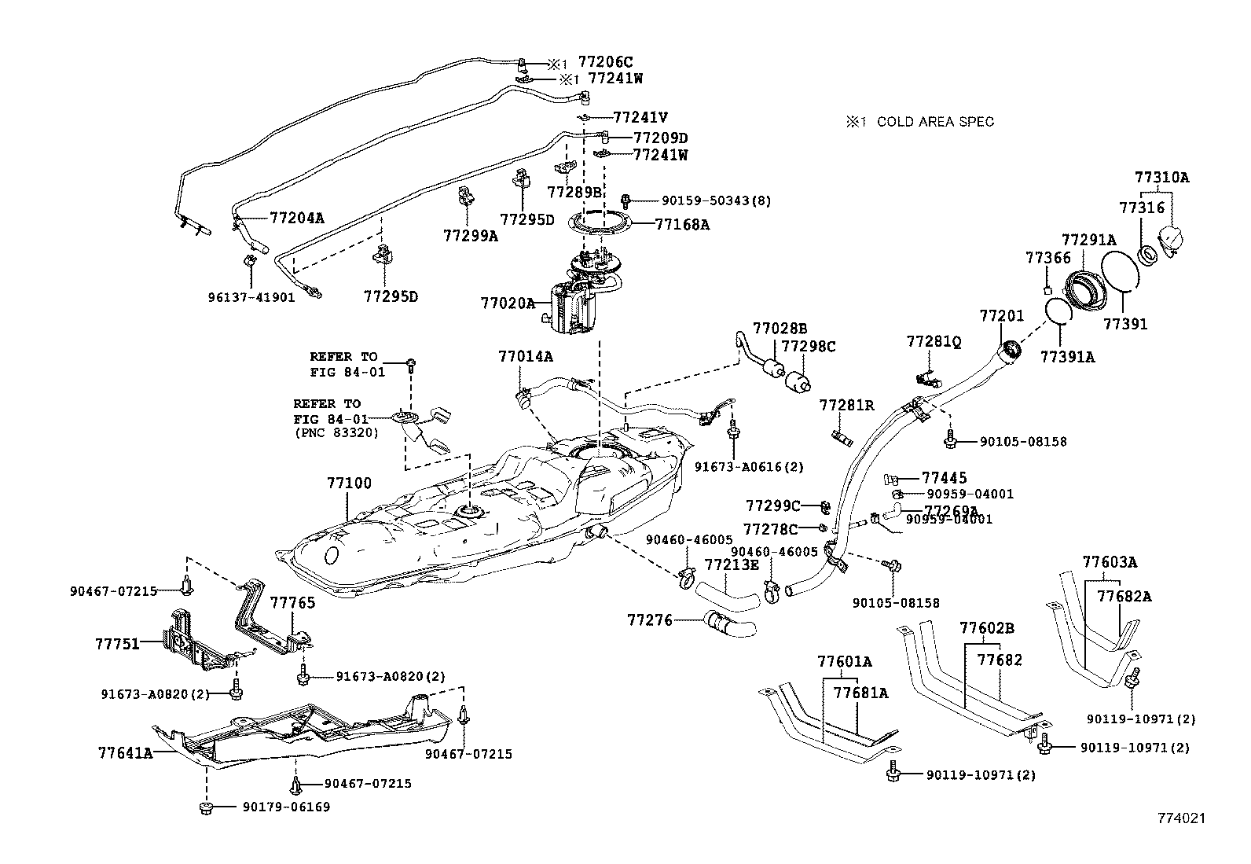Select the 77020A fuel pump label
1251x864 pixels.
(x=507, y=302)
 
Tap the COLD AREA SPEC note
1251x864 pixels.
(x=920, y=122)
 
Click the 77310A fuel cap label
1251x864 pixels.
(x=1161, y=178)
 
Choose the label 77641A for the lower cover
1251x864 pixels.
(x=125, y=752)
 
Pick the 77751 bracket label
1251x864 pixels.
(x=117, y=643)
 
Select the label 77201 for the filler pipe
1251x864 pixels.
(x=1001, y=315)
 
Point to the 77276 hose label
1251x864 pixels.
(x=650, y=620)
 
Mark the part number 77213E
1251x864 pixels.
(x=731, y=564)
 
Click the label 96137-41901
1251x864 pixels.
(x=251, y=298)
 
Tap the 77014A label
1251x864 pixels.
(x=525, y=356)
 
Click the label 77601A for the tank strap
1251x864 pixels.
(x=844, y=661)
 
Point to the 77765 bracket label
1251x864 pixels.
(x=292, y=603)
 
